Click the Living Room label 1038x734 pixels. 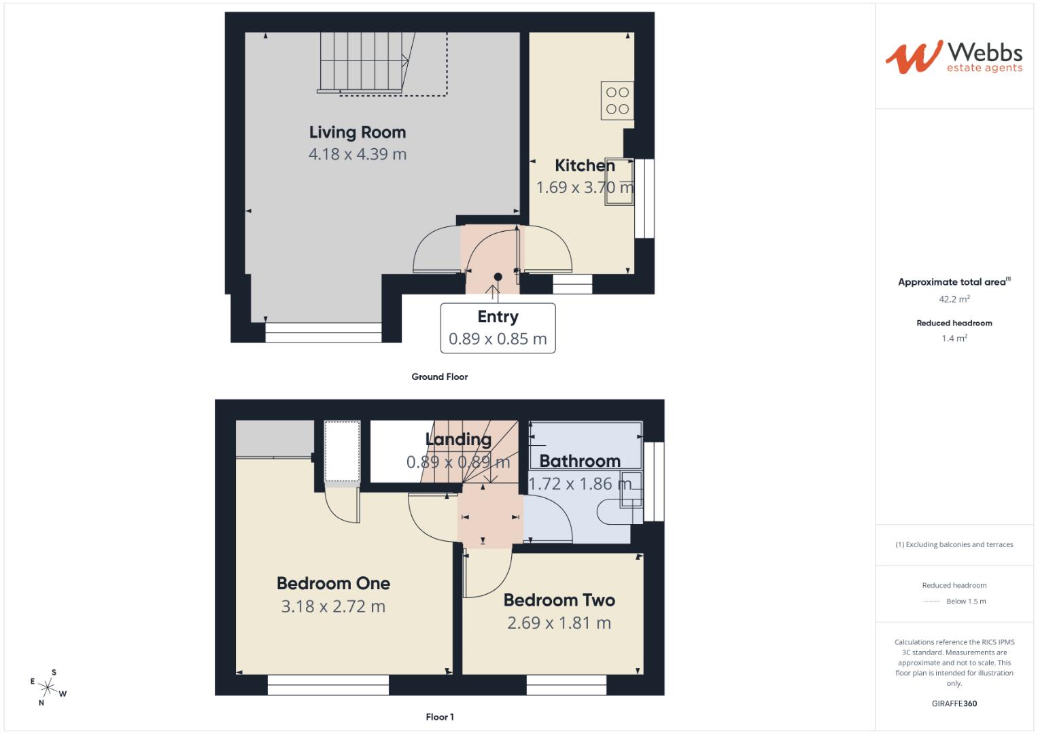(x=358, y=133)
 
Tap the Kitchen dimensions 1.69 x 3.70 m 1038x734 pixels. (x=585, y=188)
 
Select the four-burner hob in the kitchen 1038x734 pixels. (x=617, y=101)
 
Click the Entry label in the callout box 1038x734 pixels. (x=498, y=317)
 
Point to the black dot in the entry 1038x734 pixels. (x=498, y=277)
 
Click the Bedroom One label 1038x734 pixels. (x=333, y=583)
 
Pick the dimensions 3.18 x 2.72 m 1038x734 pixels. (x=333, y=606)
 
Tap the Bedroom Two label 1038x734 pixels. (x=559, y=600)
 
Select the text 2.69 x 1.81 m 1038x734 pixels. (x=559, y=623)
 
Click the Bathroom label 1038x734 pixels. (x=580, y=461)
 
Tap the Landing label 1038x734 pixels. (x=458, y=439)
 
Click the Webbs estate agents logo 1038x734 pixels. (x=954, y=56)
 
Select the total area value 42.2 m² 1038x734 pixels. (x=954, y=299)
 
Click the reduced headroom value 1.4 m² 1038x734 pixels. (x=954, y=338)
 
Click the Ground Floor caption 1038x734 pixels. (x=440, y=377)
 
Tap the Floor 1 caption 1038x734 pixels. (x=440, y=717)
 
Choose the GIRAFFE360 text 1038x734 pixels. (x=954, y=703)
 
